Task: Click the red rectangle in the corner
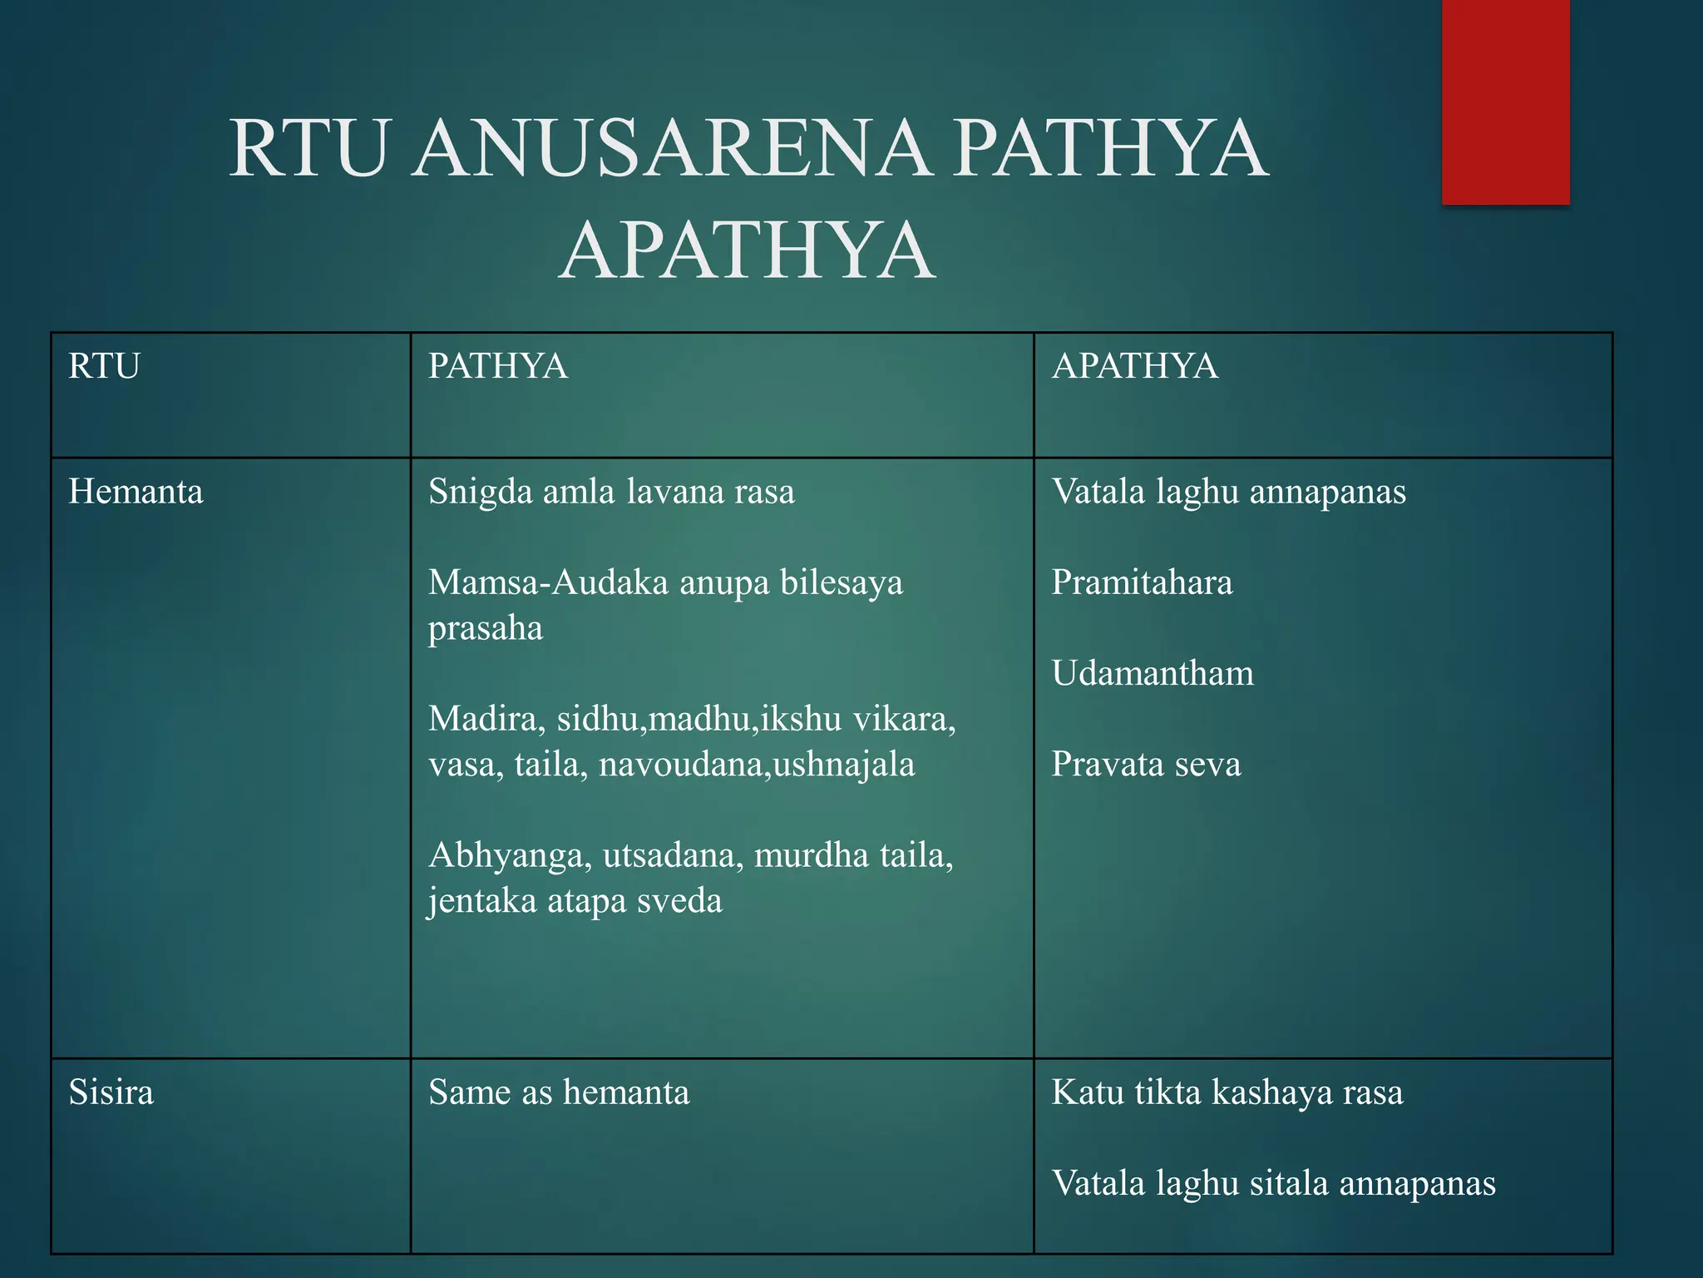pyautogui.click(x=1505, y=102)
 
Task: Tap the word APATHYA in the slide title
pyautogui.click(x=747, y=250)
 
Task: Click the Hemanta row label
pyautogui.click(x=136, y=492)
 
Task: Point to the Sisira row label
pyautogui.click(x=111, y=1092)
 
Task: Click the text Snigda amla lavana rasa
pyautogui.click(x=611, y=492)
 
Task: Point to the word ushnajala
pyautogui.click(x=844, y=765)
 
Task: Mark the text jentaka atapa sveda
pyautogui.click(x=575, y=901)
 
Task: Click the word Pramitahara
pyautogui.click(x=1142, y=582)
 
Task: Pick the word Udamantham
pyautogui.click(x=1153, y=673)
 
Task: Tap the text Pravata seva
pyautogui.click(x=1146, y=765)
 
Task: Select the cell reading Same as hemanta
pyautogui.click(x=559, y=1092)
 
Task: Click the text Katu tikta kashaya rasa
pyautogui.click(x=1227, y=1092)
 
